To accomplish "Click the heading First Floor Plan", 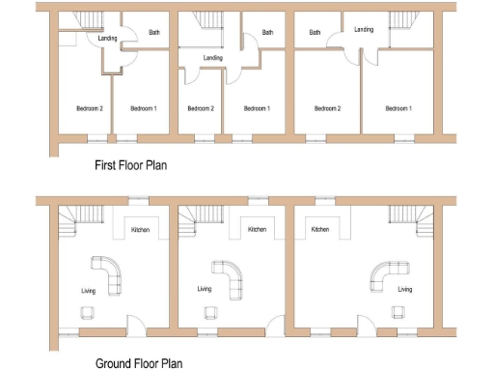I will click(x=130, y=165).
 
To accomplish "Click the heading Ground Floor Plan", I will click(x=138, y=363).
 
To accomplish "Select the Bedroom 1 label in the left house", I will click(x=143, y=108).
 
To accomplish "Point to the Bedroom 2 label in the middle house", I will click(x=201, y=108).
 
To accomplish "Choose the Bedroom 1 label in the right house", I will click(x=398, y=108).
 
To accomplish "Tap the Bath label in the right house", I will click(x=315, y=33).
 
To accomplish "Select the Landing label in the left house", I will click(x=81, y=39).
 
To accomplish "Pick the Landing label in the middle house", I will click(x=213, y=58).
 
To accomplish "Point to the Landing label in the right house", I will click(x=364, y=30).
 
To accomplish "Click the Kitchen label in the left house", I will click(x=140, y=230).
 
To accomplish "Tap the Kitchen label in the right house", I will click(x=320, y=230).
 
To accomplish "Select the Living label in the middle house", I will click(x=205, y=289).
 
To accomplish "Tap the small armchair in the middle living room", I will click(x=209, y=311).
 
